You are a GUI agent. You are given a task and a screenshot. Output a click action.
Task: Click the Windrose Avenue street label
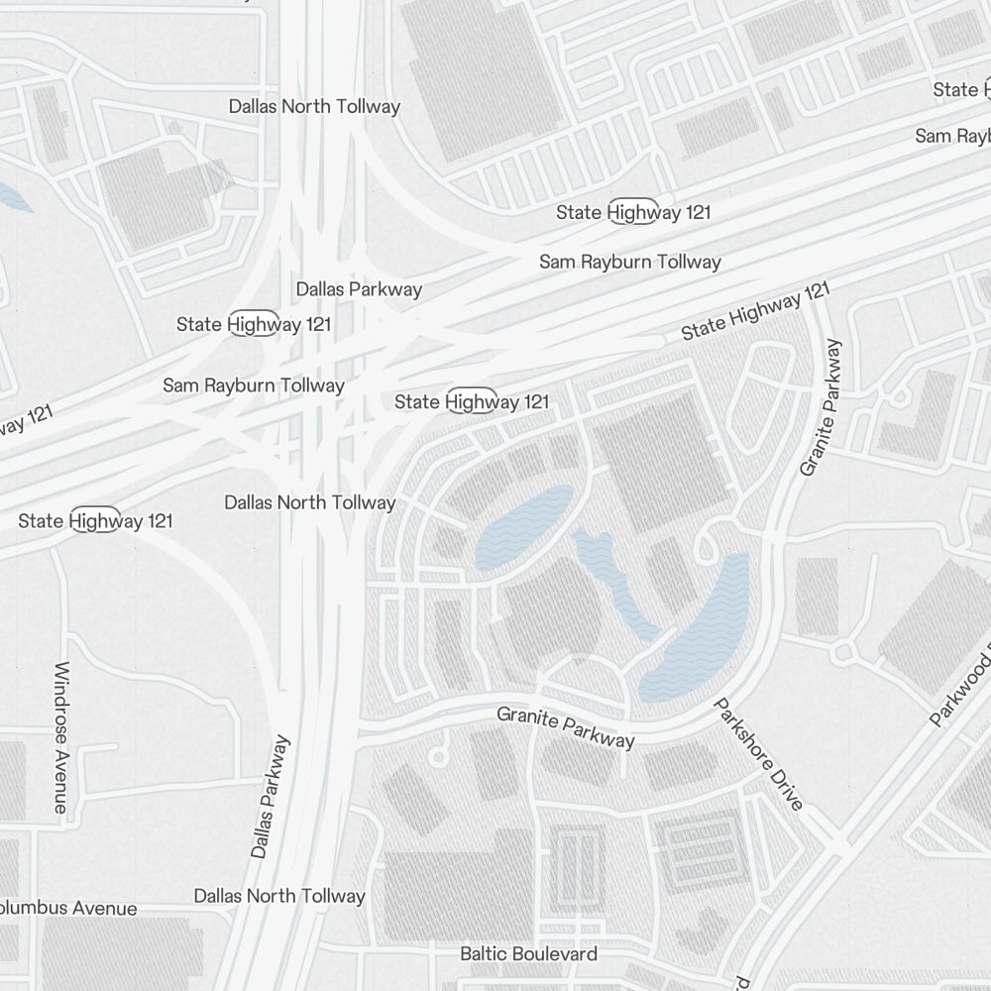(60, 737)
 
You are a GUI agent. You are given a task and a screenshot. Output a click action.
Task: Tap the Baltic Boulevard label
(528, 953)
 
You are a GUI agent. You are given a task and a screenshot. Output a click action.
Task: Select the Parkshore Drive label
(758, 755)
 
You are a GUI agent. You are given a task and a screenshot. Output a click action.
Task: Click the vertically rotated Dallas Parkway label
(271, 796)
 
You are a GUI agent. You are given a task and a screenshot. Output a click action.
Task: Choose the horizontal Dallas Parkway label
(359, 289)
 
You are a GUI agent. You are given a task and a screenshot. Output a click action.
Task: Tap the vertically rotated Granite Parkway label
(822, 407)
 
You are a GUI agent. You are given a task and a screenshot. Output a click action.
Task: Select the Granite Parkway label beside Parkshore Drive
(566, 727)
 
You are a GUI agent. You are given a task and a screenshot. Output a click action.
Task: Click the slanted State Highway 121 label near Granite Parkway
(755, 311)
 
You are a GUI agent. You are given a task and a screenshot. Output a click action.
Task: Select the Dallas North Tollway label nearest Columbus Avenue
(279, 896)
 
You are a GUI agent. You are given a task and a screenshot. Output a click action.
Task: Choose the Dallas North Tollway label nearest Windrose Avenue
(309, 502)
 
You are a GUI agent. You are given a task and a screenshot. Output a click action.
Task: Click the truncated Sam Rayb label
(951, 136)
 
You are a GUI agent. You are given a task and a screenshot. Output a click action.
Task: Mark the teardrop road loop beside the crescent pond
(709, 544)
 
